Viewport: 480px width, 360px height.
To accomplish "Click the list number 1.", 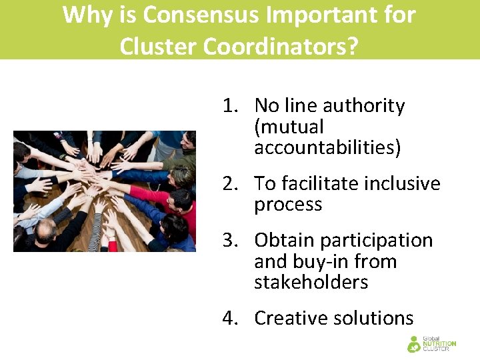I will [230, 106].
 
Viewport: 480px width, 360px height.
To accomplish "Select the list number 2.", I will [230, 183].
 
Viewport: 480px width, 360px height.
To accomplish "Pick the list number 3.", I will [230, 240].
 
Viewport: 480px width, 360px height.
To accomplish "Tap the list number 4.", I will [230, 318].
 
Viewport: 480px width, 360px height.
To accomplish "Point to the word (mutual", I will [289, 127].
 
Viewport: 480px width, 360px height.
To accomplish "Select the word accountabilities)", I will [327, 148].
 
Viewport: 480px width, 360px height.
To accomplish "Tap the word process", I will [288, 205].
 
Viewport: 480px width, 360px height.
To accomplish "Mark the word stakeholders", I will [311, 282].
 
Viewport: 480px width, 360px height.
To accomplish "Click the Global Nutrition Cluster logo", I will [431, 343].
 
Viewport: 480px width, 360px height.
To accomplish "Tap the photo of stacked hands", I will [105, 191].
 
